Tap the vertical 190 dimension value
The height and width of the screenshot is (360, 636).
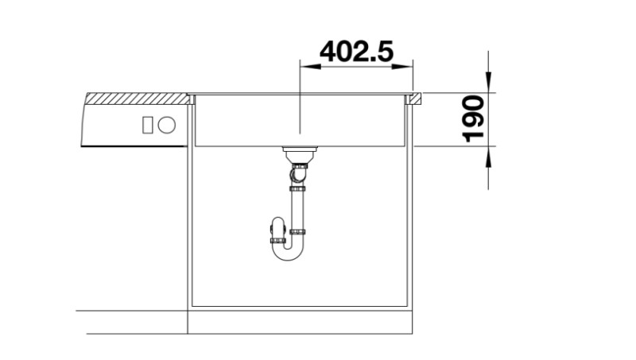(475, 118)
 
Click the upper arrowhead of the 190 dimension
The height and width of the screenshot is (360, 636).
(488, 86)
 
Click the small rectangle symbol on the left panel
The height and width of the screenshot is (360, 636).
(147, 125)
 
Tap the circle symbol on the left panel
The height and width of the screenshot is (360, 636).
(167, 125)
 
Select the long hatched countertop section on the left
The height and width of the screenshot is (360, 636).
(135, 99)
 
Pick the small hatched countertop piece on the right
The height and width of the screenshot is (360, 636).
(415, 99)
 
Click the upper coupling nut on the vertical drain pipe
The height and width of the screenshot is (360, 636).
(297, 189)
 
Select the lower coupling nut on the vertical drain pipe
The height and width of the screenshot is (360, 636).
(297, 231)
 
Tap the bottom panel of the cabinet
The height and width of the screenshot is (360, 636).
(299, 306)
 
